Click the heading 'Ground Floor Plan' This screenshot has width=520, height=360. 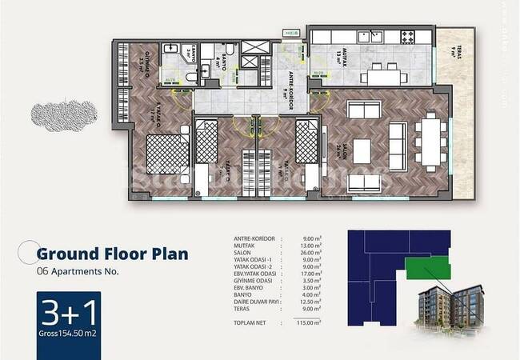[112, 254]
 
